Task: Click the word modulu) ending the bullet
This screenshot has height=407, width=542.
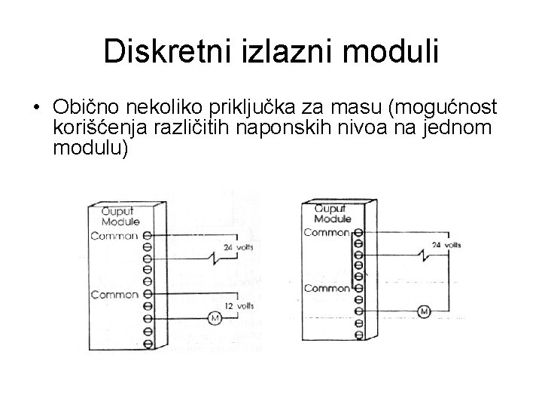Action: [x=92, y=149]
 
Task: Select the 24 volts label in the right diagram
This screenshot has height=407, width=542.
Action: [x=447, y=245]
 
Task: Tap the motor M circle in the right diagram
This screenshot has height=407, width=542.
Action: [x=424, y=311]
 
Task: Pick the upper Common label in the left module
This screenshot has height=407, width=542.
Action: [x=114, y=236]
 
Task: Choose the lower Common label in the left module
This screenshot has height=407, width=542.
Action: [x=114, y=295]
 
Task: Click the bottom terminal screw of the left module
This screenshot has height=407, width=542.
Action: [x=147, y=343]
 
